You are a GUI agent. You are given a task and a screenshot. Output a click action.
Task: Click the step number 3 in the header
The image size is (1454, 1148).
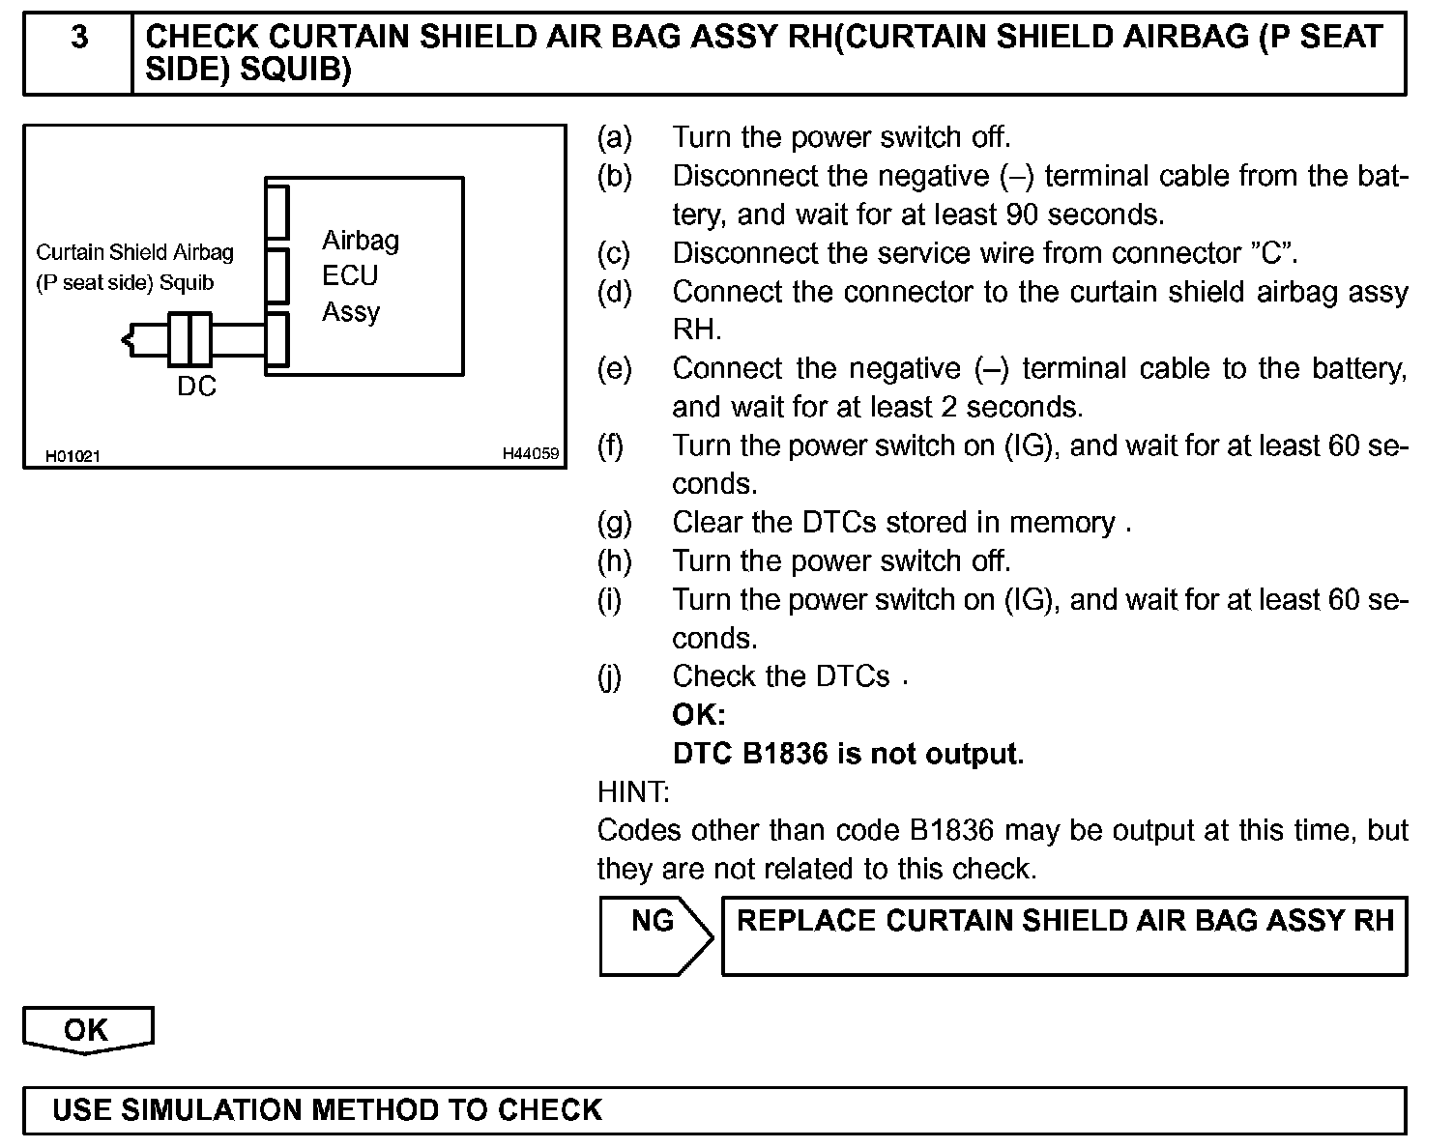pyautogui.click(x=79, y=38)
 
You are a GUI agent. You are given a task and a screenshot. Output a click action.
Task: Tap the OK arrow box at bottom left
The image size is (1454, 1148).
pyautogui.click(x=87, y=1030)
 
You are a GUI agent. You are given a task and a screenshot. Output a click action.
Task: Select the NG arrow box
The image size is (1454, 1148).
pyautogui.click(x=654, y=934)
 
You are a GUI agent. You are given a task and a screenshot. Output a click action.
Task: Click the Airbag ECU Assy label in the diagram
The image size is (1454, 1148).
pyautogui.click(x=360, y=276)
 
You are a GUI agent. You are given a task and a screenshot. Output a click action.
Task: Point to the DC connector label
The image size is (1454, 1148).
pyautogui.click(x=196, y=387)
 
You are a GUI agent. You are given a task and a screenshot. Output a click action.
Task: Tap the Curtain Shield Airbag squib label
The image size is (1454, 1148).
pyautogui.click(x=134, y=268)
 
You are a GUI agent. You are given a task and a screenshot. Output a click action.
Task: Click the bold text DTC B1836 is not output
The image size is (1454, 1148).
pyautogui.click(x=848, y=754)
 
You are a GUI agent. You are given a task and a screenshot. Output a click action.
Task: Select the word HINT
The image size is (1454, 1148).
pyautogui.click(x=633, y=792)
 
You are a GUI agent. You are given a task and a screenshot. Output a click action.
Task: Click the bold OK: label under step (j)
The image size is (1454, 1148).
pyautogui.click(x=698, y=715)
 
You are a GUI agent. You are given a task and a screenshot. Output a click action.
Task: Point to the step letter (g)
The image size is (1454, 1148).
pyautogui.click(x=614, y=523)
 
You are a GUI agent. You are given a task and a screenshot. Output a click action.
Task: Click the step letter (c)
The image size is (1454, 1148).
pyautogui.click(x=614, y=253)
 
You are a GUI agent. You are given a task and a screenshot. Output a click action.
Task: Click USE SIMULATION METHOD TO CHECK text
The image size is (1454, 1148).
pyautogui.click(x=327, y=1109)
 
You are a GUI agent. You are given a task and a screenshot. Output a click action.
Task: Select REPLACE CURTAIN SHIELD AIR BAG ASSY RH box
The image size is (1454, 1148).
pyautogui.click(x=1064, y=934)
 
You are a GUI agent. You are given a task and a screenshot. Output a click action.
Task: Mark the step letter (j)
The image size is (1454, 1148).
pyautogui.click(x=610, y=677)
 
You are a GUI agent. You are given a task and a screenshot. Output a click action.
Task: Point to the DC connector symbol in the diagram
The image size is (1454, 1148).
pyautogui.click(x=189, y=339)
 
